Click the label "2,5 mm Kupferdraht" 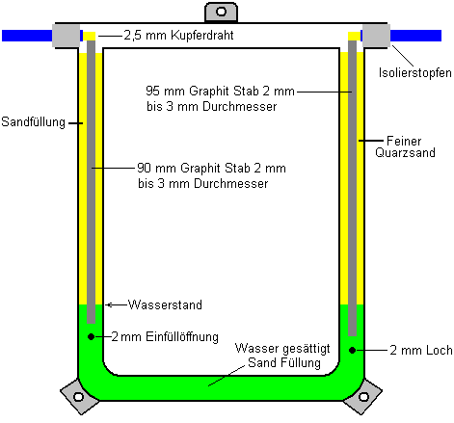tap(178, 35)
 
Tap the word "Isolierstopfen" tap(415, 73)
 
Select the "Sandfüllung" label tap(33, 122)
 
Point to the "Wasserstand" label tap(165, 304)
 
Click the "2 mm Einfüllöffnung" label tap(165, 336)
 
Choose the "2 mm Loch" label tap(421, 350)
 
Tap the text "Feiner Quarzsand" tap(405, 146)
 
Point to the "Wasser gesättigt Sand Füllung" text tap(282, 356)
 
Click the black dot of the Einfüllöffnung tap(91, 336)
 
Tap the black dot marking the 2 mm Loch tap(352, 350)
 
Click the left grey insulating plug tap(66, 36)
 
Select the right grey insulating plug tap(376, 36)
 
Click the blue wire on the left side tap(27, 36)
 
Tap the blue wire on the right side tap(415, 36)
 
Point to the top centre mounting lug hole tap(221, 12)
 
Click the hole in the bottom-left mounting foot tap(78, 397)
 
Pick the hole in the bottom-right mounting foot tap(363, 397)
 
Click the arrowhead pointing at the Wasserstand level tap(108, 304)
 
